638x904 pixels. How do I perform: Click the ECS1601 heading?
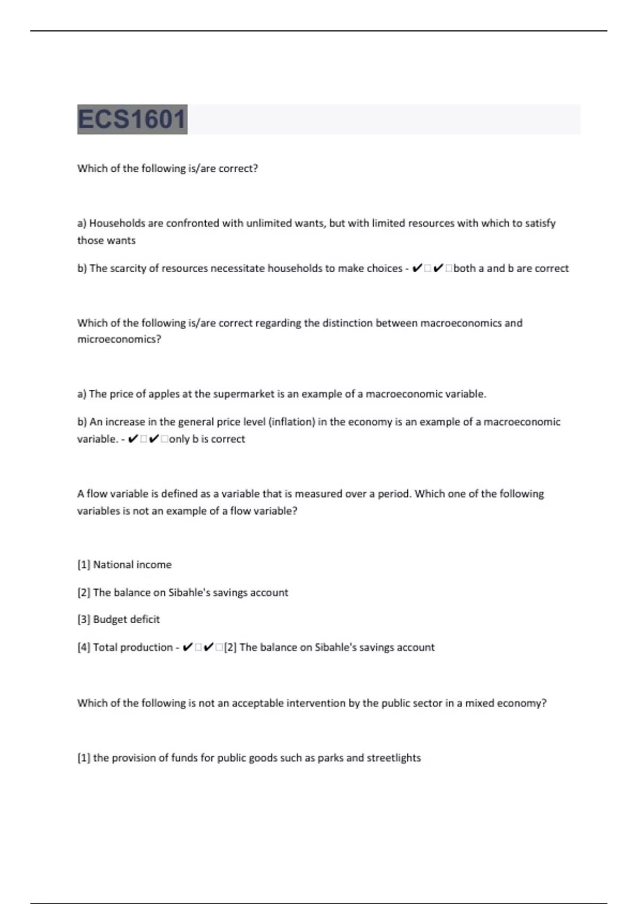click(132, 119)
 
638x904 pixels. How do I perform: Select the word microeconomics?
click(119, 339)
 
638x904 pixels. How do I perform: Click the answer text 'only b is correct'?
click(207, 439)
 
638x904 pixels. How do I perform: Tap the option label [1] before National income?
click(83, 565)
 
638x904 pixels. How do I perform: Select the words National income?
click(132, 565)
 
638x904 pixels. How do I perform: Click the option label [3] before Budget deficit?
click(83, 620)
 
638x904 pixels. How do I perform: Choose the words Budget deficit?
click(127, 620)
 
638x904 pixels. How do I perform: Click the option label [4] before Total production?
click(83, 648)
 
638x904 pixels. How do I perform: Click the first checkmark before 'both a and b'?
click(417, 269)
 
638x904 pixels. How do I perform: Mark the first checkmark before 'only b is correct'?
click(134, 439)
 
